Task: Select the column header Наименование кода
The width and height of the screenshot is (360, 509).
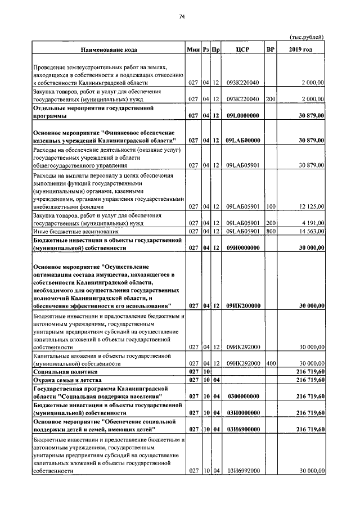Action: click(107, 50)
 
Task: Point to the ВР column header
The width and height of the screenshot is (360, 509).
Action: click(271, 50)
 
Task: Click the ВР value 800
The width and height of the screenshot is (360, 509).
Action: click(271, 231)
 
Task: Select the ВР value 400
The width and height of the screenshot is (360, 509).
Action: click(271, 364)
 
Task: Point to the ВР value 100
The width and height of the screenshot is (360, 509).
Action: click(271, 206)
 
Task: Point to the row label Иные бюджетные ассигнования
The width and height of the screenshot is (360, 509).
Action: click(76, 231)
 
